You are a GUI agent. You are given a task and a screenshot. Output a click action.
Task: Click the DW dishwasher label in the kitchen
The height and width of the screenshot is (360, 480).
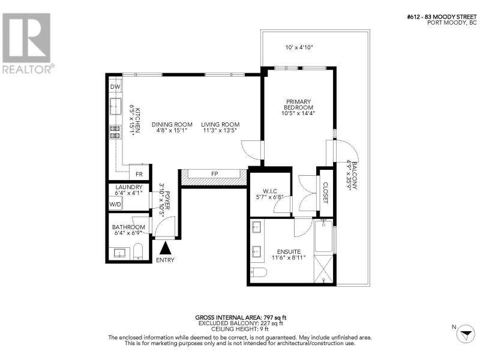click(115, 87)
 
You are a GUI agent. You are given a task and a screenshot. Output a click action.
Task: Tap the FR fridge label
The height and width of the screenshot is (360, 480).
click(139, 174)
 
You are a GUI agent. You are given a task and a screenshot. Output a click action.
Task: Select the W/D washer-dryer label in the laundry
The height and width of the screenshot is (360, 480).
click(115, 204)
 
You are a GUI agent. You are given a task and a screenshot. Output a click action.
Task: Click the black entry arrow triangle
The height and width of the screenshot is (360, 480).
click(166, 248)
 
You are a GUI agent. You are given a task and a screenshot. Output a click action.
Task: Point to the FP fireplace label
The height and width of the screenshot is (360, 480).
click(215, 173)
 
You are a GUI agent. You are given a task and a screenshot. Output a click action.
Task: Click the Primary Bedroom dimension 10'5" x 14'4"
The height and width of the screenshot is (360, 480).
click(298, 113)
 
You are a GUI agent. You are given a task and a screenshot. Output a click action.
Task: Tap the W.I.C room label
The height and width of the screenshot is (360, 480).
click(269, 191)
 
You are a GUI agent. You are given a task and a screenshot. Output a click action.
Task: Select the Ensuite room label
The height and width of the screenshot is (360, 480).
click(289, 251)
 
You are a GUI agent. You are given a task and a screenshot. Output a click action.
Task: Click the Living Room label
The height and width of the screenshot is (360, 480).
click(220, 124)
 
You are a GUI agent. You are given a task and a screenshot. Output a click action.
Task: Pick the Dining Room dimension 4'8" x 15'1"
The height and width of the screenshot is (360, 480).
click(172, 130)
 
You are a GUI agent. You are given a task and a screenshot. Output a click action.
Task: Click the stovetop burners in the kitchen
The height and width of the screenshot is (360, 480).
click(115, 132)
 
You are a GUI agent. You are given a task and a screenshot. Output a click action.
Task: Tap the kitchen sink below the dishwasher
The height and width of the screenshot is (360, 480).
click(116, 106)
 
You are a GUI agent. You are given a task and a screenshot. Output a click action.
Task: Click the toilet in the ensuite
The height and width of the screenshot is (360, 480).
click(259, 272)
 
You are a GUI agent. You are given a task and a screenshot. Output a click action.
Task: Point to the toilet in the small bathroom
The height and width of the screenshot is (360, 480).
click(139, 252)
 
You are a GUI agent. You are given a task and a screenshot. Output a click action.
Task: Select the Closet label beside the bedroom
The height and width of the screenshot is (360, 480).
click(325, 193)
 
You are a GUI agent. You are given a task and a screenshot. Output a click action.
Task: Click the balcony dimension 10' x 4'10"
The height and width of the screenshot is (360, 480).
click(298, 47)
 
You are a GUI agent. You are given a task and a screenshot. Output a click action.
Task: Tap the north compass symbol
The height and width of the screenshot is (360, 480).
click(466, 334)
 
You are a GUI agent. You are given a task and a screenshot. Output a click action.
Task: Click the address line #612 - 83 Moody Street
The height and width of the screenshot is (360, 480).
click(442, 17)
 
